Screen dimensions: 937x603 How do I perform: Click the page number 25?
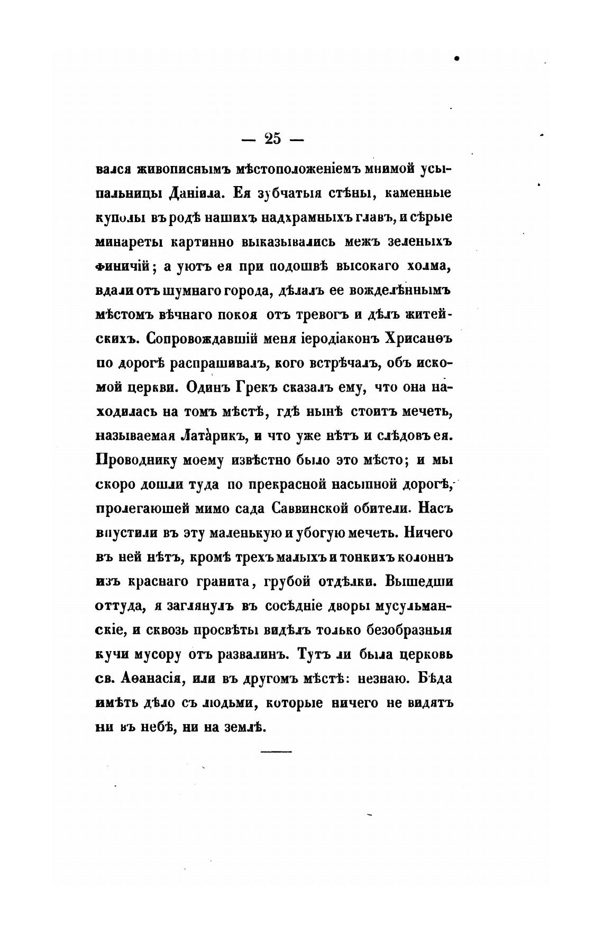271,139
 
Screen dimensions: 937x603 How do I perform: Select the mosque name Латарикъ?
214,436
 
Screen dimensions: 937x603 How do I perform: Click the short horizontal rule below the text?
276,751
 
